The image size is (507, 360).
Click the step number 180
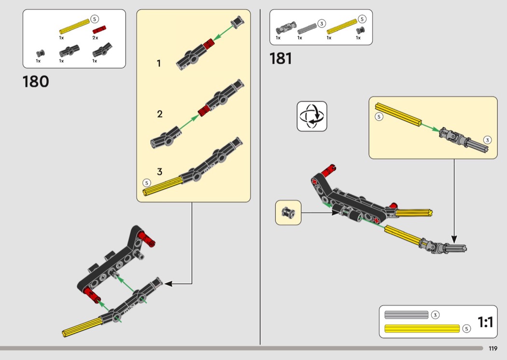pyautogui.click(x=36, y=82)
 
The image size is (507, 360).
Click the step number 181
pyautogui.click(x=281, y=59)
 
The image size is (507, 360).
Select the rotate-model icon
pyautogui.click(x=311, y=116)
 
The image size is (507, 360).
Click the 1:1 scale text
pyautogui.click(x=485, y=322)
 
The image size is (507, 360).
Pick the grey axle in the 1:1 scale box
pyautogui.click(x=407, y=315)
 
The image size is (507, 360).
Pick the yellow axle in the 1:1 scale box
pyautogui.click(x=422, y=329)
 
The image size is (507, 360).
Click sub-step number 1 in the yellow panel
pyautogui.click(x=159, y=63)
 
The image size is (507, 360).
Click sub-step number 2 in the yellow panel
pyautogui.click(x=160, y=114)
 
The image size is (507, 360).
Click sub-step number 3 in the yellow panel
pyautogui.click(x=159, y=172)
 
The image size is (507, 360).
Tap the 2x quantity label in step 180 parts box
pyautogui.click(x=96, y=37)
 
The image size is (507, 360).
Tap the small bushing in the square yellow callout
pyautogui.click(x=288, y=212)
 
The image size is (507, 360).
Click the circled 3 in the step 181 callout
pyautogui.click(x=487, y=140)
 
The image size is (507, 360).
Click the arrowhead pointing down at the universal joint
pyautogui.click(x=454, y=239)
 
